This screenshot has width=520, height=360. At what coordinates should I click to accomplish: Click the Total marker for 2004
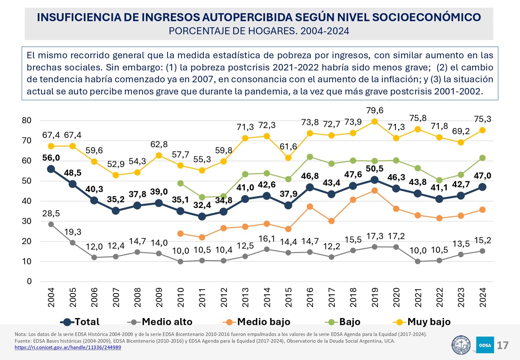tap(51, 169)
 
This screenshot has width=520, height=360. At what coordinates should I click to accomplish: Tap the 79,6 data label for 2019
tap(375, 111)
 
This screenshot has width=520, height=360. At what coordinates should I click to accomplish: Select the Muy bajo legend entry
tap(422, 322)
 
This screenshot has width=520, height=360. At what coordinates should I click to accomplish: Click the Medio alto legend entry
tap(160, 322)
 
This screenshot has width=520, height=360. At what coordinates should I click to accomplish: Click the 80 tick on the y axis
tap(27, 121)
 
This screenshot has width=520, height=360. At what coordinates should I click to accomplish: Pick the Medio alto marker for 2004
tap(51, 224)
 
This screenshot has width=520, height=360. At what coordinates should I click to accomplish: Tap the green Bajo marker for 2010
tap(180, 183)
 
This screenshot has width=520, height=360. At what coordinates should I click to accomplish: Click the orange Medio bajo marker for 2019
tap(374, 191)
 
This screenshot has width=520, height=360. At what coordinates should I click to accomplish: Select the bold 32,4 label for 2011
tap(202, 205)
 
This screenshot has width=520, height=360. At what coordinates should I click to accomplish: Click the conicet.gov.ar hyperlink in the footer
tap(68, 347)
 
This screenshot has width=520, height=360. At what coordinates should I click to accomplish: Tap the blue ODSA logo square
tap(485, 345)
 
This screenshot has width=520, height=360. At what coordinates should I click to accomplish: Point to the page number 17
tap(502, 345)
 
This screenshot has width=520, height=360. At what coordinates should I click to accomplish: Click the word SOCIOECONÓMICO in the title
tap(426, 17)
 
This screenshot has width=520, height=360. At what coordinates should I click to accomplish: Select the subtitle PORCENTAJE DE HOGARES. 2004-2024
tap(259, 31)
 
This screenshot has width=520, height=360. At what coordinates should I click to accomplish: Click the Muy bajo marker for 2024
tap(482, 130)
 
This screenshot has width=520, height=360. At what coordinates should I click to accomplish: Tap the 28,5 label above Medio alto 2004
tap(51, 214)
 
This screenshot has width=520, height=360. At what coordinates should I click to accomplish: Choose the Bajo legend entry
tap(343, 322)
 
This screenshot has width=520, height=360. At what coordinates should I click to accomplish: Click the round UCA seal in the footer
tap(461, 345)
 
